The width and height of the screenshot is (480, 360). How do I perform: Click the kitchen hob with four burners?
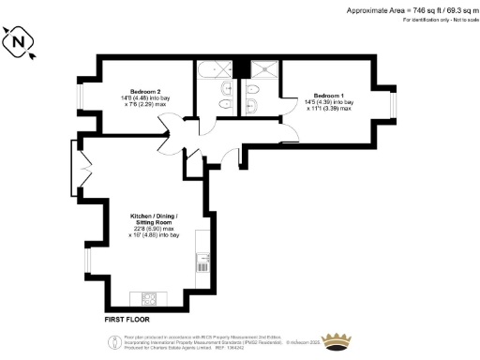point(149,298)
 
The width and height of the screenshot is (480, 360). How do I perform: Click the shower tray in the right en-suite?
point(264,68)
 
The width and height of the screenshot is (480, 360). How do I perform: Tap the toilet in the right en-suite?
point(251,88)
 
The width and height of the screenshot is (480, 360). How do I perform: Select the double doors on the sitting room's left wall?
point(77,161)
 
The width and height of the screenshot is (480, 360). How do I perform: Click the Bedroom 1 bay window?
point(394,103)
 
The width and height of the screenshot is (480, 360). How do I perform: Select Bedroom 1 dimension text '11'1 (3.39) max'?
point(328,109)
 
